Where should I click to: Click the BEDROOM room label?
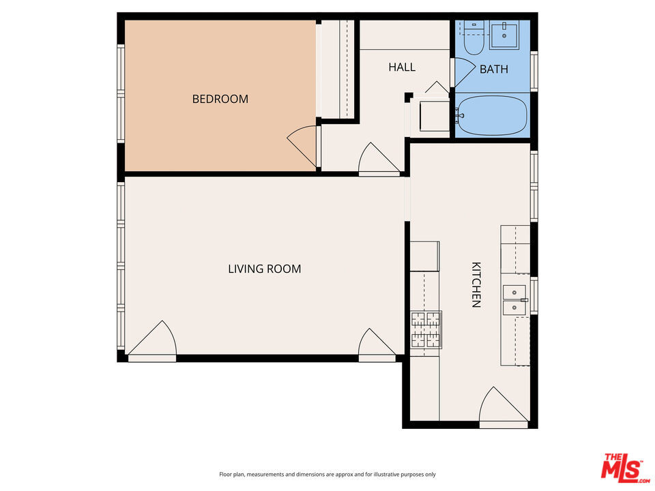220,99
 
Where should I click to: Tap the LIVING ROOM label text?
265,269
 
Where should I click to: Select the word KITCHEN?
476,285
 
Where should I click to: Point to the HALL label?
402,68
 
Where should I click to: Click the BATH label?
494,70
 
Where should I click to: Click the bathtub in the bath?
492,116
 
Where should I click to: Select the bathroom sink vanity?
504,34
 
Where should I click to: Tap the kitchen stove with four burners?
426,330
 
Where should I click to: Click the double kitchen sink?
514,300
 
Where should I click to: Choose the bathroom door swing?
465,72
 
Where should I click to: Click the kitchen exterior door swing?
504,404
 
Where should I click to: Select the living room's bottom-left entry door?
152,338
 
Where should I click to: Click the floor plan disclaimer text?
327,475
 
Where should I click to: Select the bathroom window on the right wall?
534,71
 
